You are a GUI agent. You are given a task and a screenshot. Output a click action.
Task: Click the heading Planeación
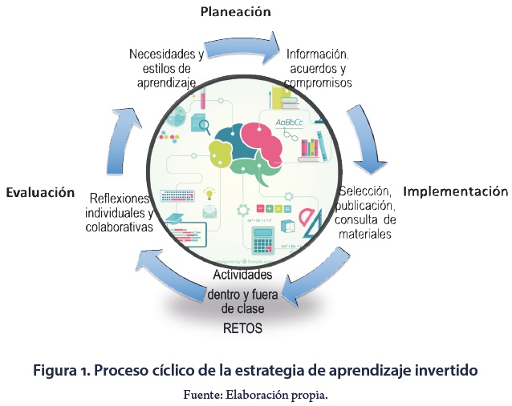(234, 11)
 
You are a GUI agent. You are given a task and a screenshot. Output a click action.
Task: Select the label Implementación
(455, 191)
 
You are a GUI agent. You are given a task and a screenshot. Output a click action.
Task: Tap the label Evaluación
(40, 193)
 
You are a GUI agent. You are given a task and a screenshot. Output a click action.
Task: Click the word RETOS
(242, 329)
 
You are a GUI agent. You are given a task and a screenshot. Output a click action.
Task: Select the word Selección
(365, 192)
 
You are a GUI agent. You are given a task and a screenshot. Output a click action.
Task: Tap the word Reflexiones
(120, 198)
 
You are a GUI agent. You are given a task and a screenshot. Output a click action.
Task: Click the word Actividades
(242, 275)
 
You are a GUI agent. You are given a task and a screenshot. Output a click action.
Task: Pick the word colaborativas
(120, 227)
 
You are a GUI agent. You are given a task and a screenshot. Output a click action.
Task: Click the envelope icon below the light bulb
(210, 212)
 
